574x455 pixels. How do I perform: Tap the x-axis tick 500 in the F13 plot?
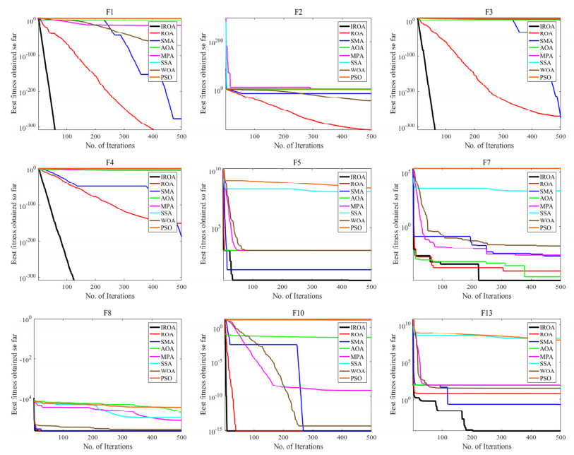click(x=560, y=438)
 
